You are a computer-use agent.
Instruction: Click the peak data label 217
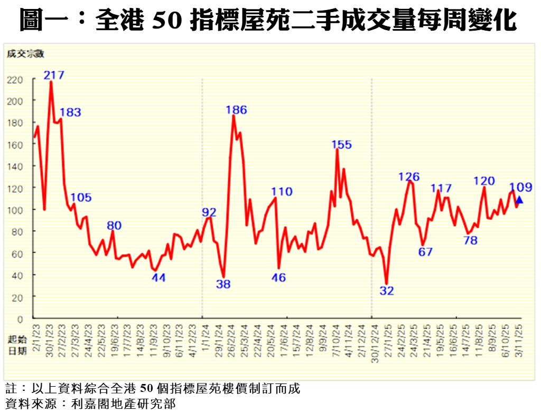(54, 75)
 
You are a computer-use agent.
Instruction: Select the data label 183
(70, 113)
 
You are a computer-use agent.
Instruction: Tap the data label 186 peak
(236, 110)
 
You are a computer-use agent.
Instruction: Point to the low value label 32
(387, 291)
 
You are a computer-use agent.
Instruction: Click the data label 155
(341, 145)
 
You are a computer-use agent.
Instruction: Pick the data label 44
(159, 278)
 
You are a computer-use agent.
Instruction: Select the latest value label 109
(520, 187)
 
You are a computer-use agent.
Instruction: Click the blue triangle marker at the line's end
(519, 200)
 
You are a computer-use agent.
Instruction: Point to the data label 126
(409, 177)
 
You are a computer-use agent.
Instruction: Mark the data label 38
(223, 284)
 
